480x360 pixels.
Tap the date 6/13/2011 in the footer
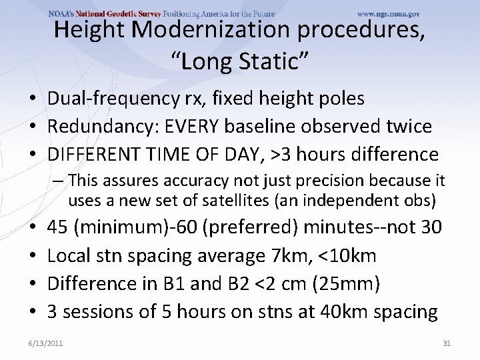coord(46,343)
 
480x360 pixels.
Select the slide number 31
coord(447,343)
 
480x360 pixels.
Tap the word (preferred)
coord(247,227)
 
